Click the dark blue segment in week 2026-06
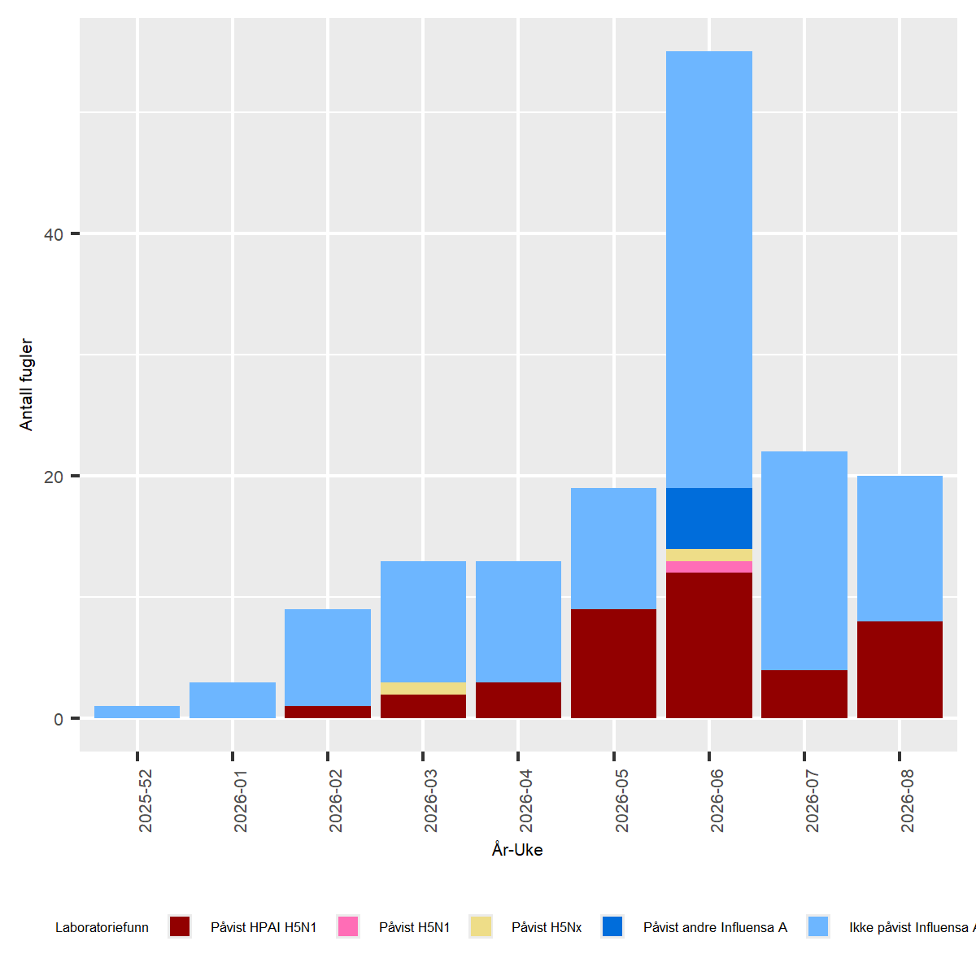(708, 518)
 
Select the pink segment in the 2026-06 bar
(708, 567)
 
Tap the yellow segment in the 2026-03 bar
(423, 688)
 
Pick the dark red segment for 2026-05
(613, 663)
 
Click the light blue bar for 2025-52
(137, 712)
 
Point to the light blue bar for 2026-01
(233, 699)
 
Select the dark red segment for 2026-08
(900, 669)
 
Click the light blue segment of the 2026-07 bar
(804, 560)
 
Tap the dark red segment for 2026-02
(328, 712)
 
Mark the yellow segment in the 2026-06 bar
(708, 555)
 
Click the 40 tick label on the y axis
(53, 235)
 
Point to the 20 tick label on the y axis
(53, 477)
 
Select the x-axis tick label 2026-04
(525, 801)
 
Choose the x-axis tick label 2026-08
(907, 801)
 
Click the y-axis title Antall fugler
(26, 385)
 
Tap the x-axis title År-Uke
(517, 850)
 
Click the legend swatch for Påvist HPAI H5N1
(180, 926)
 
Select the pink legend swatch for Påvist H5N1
(347, 926)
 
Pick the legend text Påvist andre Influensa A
(715, 927)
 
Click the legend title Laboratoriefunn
(102, 927)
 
